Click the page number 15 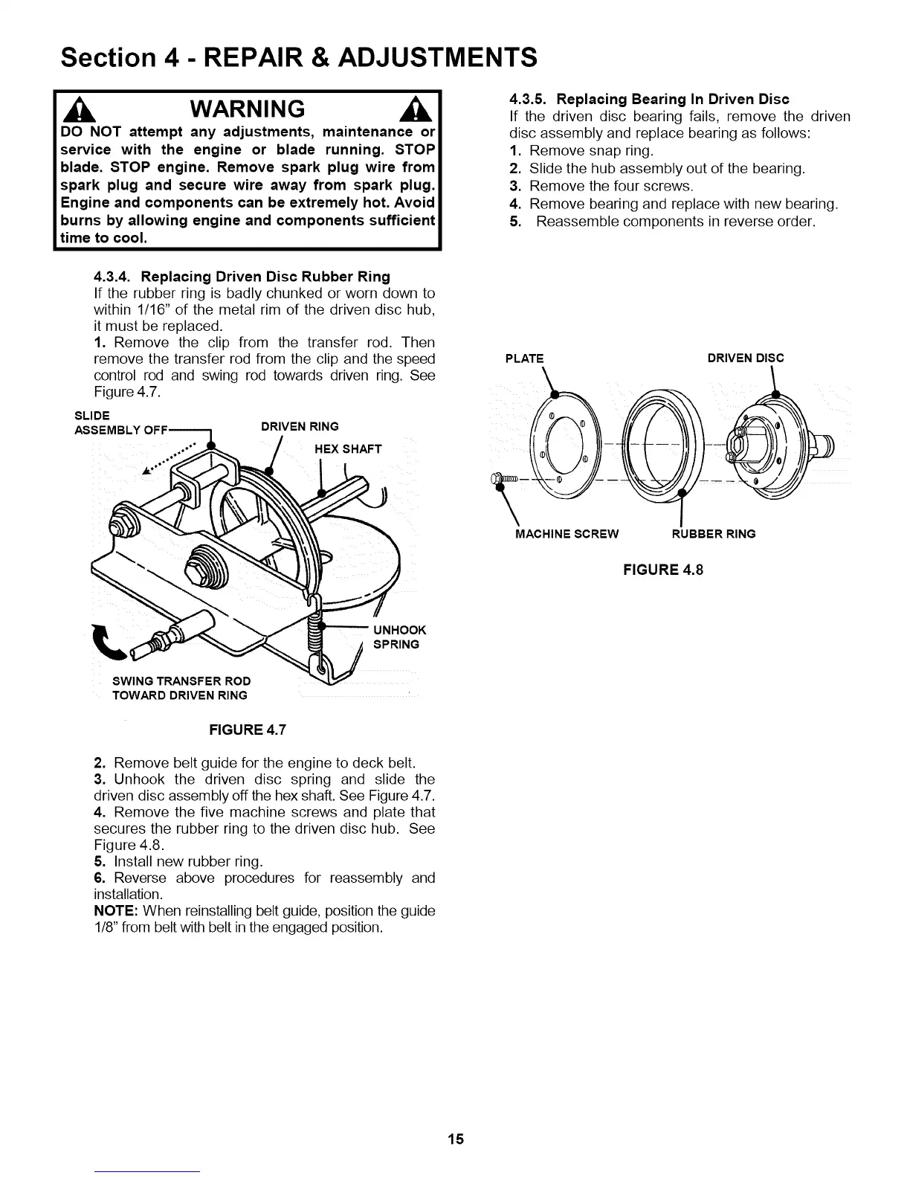[456, 1139]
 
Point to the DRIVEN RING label [300, 426]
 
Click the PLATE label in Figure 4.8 [524, 358]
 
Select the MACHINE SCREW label [567, 533]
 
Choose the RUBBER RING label [713, 533]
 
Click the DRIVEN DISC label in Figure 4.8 [745, 358]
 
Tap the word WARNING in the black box [248, 109]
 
